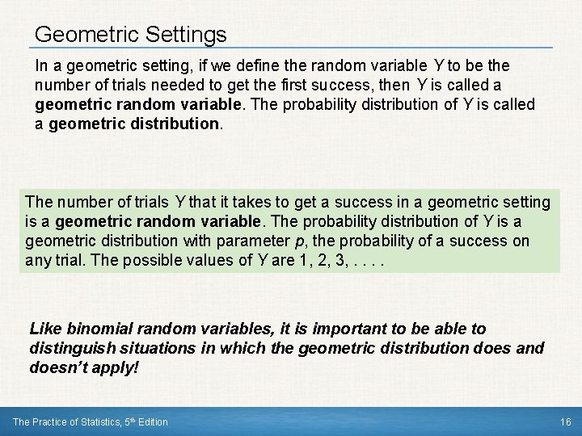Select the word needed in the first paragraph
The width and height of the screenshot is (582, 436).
[x=176, y=85]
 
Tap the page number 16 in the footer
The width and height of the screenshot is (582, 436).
[x=565, y=421]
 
